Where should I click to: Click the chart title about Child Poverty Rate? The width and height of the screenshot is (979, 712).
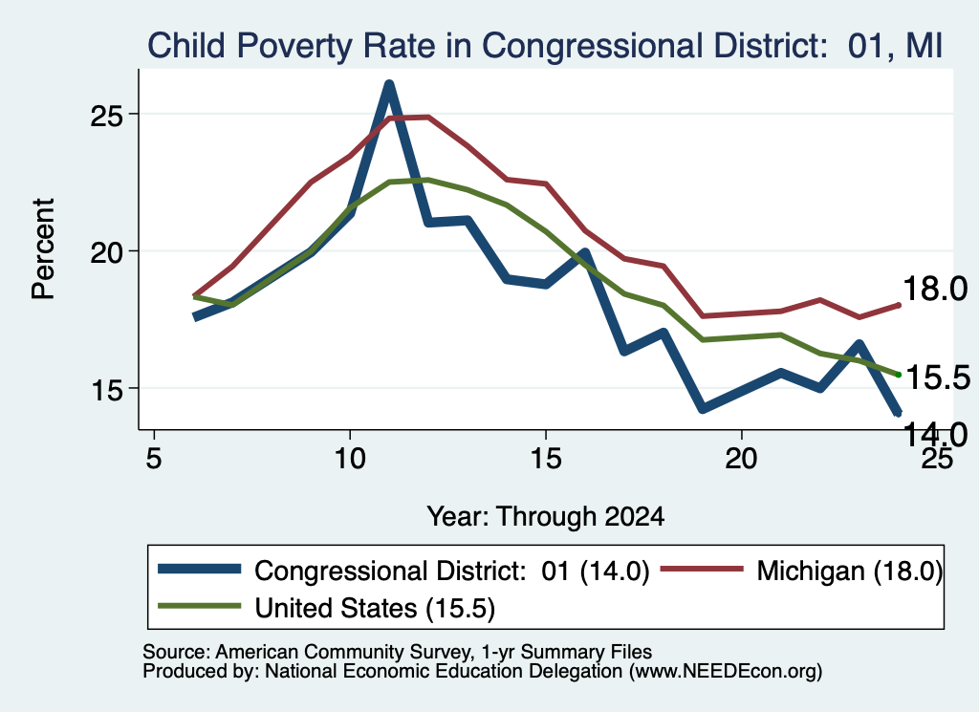point(544,46)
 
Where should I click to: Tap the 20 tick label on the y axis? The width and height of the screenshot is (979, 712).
point(108,252)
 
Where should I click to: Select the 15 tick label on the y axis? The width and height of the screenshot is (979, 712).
point(108,389)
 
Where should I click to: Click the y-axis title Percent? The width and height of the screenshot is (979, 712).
point(43,249)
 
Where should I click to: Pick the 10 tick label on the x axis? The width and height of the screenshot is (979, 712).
point(350,459)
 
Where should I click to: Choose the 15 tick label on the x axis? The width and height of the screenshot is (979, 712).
point(546,459)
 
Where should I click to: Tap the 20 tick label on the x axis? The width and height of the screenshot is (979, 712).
point(741,459)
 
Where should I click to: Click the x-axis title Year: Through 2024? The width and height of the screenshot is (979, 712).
point(546,517)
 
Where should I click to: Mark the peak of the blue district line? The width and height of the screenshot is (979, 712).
point(389,85)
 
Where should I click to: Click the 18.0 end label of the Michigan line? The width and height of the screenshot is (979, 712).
point(935,289)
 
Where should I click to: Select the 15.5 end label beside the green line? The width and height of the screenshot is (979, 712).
point(938,377)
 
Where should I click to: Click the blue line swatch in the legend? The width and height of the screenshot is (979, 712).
point(199,569)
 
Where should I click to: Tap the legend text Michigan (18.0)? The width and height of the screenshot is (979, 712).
point(850,571)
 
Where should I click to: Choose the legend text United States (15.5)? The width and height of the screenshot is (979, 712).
point(375,608)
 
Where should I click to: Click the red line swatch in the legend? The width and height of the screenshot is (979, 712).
point(702,569)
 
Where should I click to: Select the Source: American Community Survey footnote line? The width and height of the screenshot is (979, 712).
point(397,652)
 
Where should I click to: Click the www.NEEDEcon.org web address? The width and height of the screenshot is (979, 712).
point(726,671)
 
